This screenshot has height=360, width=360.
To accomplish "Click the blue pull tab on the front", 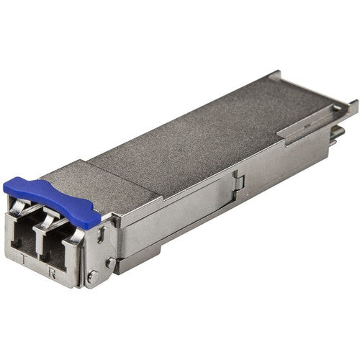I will click(x=54, y=199).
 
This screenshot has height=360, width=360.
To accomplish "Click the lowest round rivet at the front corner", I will click(x=91, y=276).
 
